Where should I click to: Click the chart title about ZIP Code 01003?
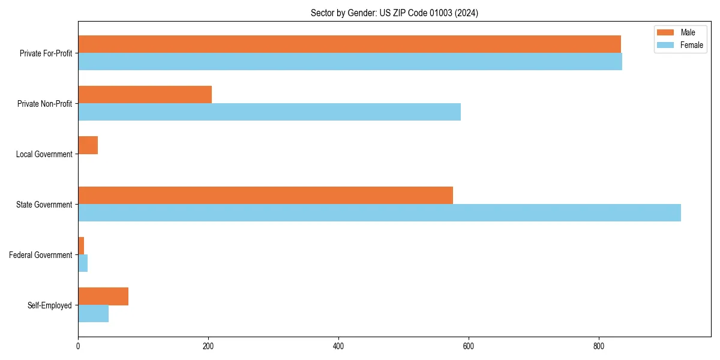tap(394, 13)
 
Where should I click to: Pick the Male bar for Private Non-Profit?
tap(145, 95)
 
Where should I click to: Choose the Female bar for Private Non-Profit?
tap(269, 112)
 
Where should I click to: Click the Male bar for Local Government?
tap(88, 145)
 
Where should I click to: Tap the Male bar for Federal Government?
tap(81, 246)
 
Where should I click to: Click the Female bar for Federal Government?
tap(83, 263)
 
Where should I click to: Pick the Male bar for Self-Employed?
tap(103, 296)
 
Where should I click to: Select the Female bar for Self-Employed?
tap(93, 314)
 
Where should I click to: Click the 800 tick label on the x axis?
tap(599, 346)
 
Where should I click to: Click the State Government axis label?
tap(44, 205)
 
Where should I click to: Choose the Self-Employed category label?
tap(49, 305)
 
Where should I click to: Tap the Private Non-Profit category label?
tap(44, 104)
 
